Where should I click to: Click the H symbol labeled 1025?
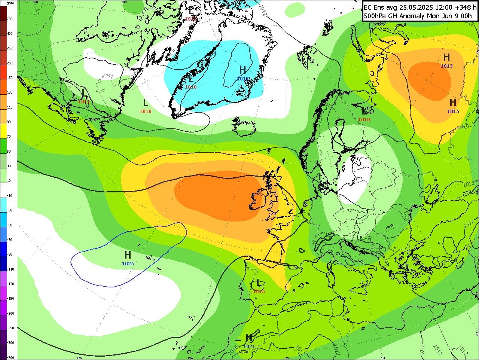pyautogui.click(x=128, y=255)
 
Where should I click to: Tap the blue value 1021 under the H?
pyautogui.click(x=249, y=347)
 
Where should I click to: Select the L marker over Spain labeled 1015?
pyautogui.click(x=258, y=283)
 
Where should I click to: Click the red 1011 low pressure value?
pyautogui.click(x=84, y=102)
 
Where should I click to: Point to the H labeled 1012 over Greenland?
pyautogui.click(x=242, y=70)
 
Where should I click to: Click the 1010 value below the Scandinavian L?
pyautogui.click(x=364, y=120)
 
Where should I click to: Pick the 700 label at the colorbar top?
pyautogui.click(x=10, y=19)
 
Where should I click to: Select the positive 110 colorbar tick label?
pyautogui.click(x=10, y=107)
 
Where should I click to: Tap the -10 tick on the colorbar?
pyautogui.click(x=10, y=196)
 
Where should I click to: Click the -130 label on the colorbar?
pyautogui.click(x=10, y=284)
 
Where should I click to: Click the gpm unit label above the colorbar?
pyautogui.click(x=10, y=3)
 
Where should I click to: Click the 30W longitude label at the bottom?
pyautogui.click(x=79, y=358)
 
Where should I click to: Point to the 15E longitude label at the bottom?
pyautogui.click(x=383, y=358)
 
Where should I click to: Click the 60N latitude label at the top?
pyautogui.click(x=124, y=1)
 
